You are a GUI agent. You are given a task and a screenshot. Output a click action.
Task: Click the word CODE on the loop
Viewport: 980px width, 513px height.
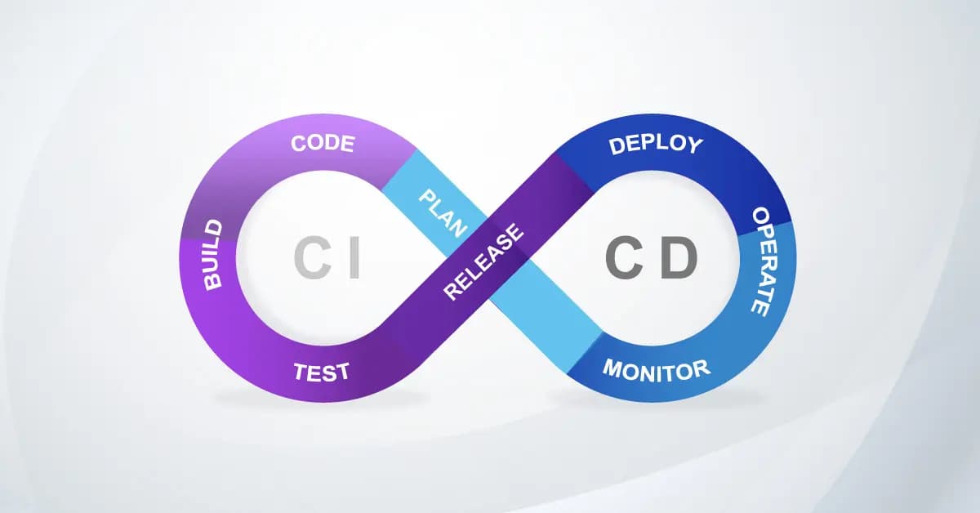click(x=323, y=145)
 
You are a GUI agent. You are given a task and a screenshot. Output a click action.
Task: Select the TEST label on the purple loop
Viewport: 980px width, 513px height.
click(x=321, y=372)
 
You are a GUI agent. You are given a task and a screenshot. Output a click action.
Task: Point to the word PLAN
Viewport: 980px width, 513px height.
click(x=440, y=210)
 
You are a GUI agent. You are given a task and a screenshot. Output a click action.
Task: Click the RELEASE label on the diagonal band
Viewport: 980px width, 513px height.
click(x=483, y=262)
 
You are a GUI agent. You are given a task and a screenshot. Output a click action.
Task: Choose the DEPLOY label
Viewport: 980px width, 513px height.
click(x=655, y=145)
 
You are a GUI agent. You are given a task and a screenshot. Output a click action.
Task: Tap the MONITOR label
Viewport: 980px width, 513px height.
click(x=657, y=370)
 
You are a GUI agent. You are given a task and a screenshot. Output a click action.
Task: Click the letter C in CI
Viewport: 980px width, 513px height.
click(x=311, y=259)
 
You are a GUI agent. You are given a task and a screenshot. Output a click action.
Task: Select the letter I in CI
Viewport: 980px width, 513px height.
click(x=354, y=259)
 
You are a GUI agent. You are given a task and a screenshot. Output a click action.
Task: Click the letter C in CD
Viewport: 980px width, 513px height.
click(x=622, y=259)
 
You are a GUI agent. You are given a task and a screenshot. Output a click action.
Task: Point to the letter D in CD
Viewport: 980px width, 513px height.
click(x=679, y=259)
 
